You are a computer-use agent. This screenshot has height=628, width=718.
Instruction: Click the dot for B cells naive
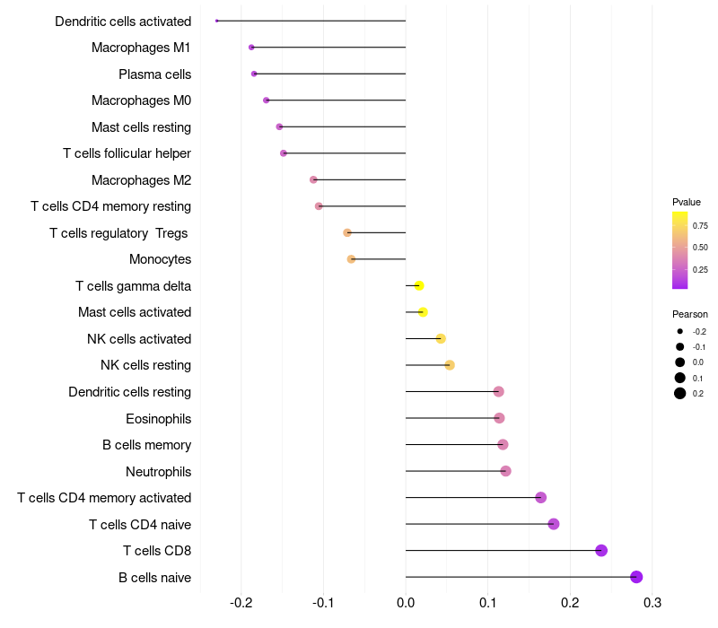[636, 577]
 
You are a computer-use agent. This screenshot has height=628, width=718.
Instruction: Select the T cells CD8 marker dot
[601, 551]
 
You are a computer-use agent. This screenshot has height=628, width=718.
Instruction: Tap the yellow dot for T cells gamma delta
[419, 286]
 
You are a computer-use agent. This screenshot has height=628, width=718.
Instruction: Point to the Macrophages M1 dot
[251, 48]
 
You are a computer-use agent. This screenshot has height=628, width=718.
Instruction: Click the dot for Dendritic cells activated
[217, 21]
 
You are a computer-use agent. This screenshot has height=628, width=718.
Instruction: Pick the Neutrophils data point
[505, 471]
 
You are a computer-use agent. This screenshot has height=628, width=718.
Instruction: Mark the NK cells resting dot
[450, 365]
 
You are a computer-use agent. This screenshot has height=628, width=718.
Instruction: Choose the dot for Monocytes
[351, 259]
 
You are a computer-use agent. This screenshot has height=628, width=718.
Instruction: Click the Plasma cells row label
[154, 74]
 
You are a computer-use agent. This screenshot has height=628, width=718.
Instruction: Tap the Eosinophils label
[158, 419]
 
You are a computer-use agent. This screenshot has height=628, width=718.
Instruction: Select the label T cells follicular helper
[127, 153]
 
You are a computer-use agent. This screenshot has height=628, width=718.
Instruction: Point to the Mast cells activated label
[135, 312]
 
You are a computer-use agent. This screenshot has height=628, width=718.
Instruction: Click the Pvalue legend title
[687, 202]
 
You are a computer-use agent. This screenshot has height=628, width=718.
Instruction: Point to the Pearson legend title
[690, 314]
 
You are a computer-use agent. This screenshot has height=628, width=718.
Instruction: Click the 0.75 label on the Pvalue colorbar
[700, 226]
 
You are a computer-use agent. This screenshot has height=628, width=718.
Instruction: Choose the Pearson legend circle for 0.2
[680, 393]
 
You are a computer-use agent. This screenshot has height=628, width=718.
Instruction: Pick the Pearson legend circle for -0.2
[680, 332]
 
